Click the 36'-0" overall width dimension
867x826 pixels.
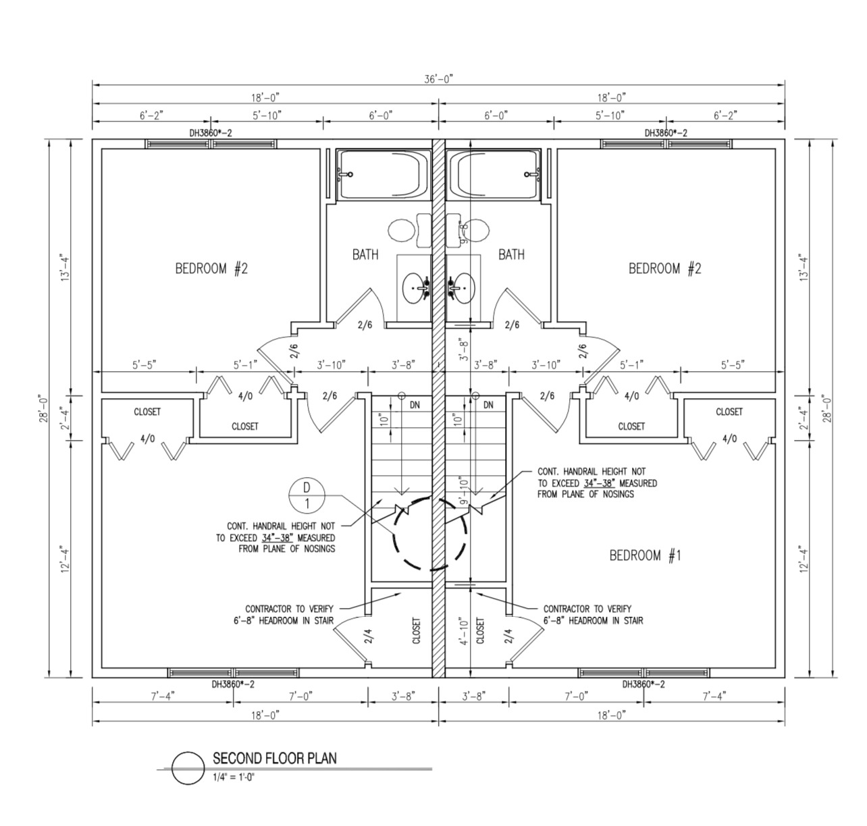coord(439,79)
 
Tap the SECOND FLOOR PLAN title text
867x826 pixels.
coord(275,758)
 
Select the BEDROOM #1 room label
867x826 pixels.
coord(645,555)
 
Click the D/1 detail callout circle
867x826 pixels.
coord(307,496)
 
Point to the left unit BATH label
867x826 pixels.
coord(365,254)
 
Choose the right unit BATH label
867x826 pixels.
coord(512,254)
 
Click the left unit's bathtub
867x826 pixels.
coord(384,175)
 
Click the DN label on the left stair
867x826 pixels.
coord(415,405)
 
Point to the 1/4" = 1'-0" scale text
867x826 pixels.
coord(234,777)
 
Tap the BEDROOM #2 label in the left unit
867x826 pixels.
coord(211,269)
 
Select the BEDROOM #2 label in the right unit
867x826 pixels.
coord(664,269)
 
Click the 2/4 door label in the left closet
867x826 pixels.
coord(369,636)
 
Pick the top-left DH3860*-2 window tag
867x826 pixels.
coord(211,133)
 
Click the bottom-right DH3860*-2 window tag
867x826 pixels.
coord(643,684)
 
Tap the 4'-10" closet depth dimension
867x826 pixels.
coord(463,632)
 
